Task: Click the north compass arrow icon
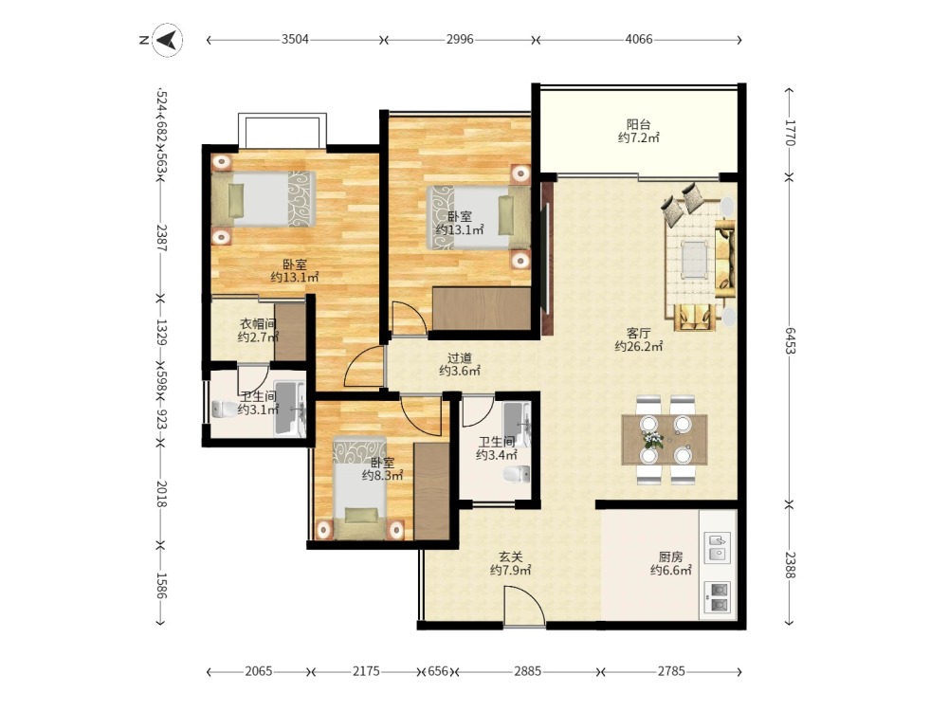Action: [168, 40]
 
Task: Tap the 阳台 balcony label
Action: [638, 124]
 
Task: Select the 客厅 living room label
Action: [638, 333]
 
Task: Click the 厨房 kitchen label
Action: [670, 556]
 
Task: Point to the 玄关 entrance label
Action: [510, 556]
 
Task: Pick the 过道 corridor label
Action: [460, 358]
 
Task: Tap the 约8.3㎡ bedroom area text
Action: [382, 476]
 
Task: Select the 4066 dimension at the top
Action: [638, 39]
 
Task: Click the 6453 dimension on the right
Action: [791, 340]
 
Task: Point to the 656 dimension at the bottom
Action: [438, 671]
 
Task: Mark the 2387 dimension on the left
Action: [161, 238]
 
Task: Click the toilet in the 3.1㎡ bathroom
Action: [225, 410]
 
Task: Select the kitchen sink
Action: [718, 547]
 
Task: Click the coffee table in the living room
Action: [694, 259]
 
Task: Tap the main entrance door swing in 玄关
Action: [525, 605]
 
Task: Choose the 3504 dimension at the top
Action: [295, 39]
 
